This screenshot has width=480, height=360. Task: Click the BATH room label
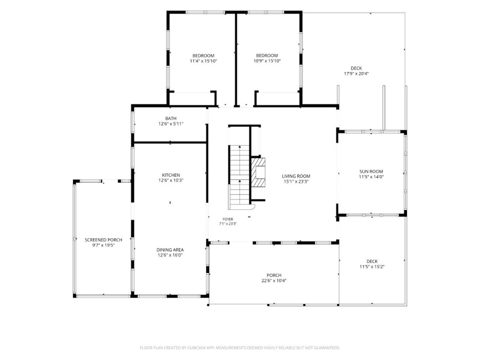pos(171,119)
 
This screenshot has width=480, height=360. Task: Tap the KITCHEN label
pos(171,175)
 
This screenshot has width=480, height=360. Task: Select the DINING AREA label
pos(170,250)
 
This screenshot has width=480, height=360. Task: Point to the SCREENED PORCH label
pos(104,240)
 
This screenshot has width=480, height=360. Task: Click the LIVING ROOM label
pos(296,176)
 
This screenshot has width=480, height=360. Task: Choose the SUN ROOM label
pos(371,172)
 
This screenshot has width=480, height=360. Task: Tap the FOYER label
pos(228,219)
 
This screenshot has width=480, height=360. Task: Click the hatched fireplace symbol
pos(258,172)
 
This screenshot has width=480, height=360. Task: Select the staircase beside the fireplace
pos(240,177)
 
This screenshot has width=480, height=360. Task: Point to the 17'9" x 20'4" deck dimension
pos(357,74)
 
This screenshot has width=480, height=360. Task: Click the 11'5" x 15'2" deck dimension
pos(372,266)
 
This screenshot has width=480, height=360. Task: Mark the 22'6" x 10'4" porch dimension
pos(274,280)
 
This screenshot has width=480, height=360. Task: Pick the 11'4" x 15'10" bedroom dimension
pos(203,61)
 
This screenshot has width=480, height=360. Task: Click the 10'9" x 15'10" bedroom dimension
pos(267,61)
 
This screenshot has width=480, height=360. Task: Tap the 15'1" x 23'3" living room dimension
pos(296,182)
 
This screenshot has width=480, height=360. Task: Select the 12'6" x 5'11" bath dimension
pos(171,124)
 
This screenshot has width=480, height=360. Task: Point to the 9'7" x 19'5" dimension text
pos(104,245)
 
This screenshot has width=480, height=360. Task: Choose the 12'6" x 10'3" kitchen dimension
pos(171,181)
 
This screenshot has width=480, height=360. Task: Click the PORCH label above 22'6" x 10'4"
pos(274,275)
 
